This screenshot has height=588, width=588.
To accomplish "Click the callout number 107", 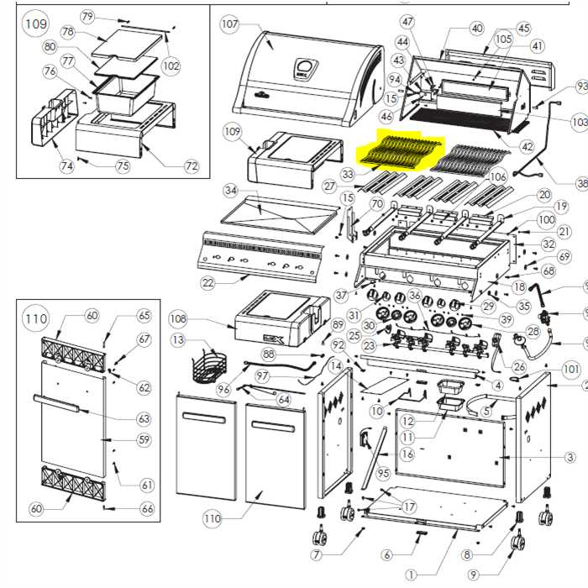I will (x=230, y=24).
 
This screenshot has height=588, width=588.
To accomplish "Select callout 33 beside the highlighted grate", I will (x=348, y=175).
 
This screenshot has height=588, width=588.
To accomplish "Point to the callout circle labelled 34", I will (x=230, y=190).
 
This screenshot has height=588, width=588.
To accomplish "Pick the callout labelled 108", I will (x=177, y=319).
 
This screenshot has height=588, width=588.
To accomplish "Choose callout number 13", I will (x=177, y=339).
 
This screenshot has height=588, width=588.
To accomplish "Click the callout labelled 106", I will (x=498, y=176).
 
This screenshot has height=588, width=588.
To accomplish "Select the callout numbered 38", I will (x=581, y=184).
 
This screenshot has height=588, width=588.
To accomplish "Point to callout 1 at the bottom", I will (x=411, y=575).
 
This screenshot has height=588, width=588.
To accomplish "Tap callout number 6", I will (x=386, y=554).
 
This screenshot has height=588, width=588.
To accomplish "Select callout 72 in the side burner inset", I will (x=192, y=166).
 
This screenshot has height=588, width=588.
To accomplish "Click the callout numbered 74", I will (x=66, y=166).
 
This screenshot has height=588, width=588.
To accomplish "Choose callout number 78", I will (x=68, y=32).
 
